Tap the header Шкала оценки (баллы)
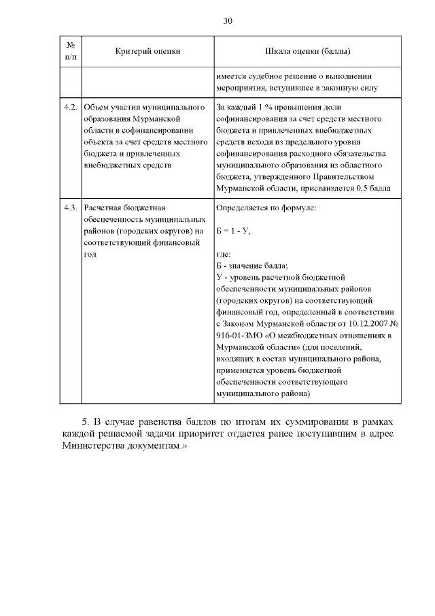(x=307, y=51)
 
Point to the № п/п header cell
(x=71, y=51)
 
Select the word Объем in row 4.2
(x=95, y=108)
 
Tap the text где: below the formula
(x=224, y=254)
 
